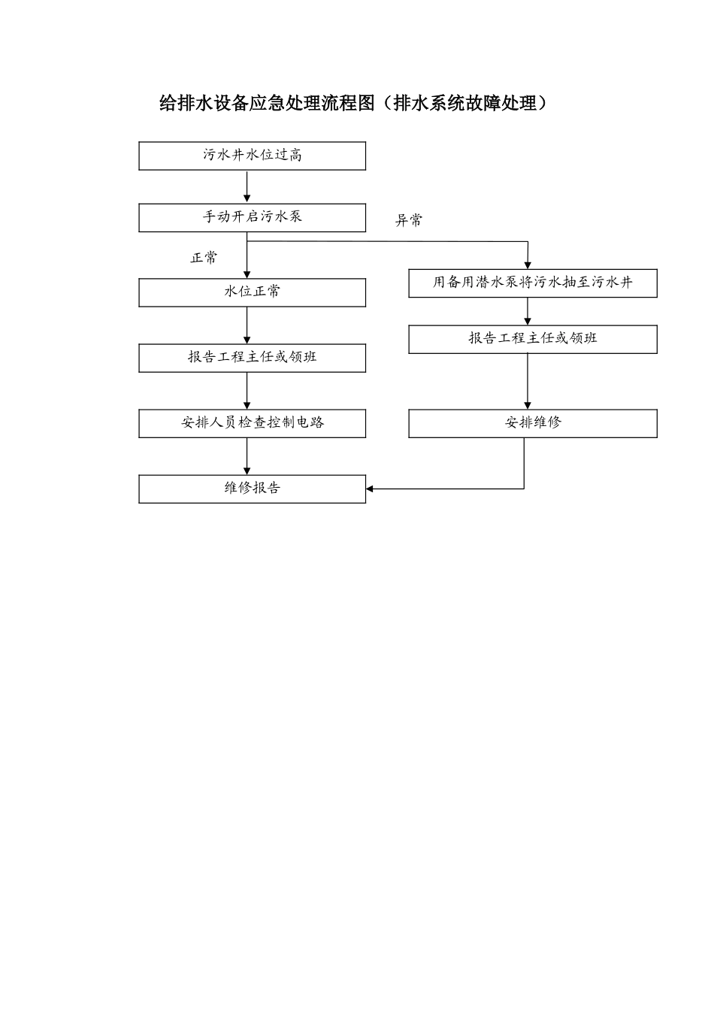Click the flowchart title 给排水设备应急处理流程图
[x=266, y=104]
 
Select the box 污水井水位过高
[x=252, y=156]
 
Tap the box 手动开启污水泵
[x=252, y=217]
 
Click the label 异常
[x=409, y=221]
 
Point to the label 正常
[x=204, y=258]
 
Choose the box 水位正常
[x=252, y=292]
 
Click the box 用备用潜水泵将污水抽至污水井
[x=532, y=283]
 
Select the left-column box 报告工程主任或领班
[x=252, y=358]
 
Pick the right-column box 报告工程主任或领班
[x=532, y=339]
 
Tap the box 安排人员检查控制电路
[x=252, y=423]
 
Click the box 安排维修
[x=532, y=423]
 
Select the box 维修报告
[x=252, y=488]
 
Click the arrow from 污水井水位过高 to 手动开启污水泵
[x=247, y=186]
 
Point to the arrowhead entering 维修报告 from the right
[x=371, y=489]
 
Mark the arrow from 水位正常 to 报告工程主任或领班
[x=247, y=325]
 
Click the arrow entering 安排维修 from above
[x=528, y=382]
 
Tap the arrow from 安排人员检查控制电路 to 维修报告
[x=247, y=456]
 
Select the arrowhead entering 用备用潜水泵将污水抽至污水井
[x=528, y=265]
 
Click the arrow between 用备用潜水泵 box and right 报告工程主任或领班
[x=528, y=311]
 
